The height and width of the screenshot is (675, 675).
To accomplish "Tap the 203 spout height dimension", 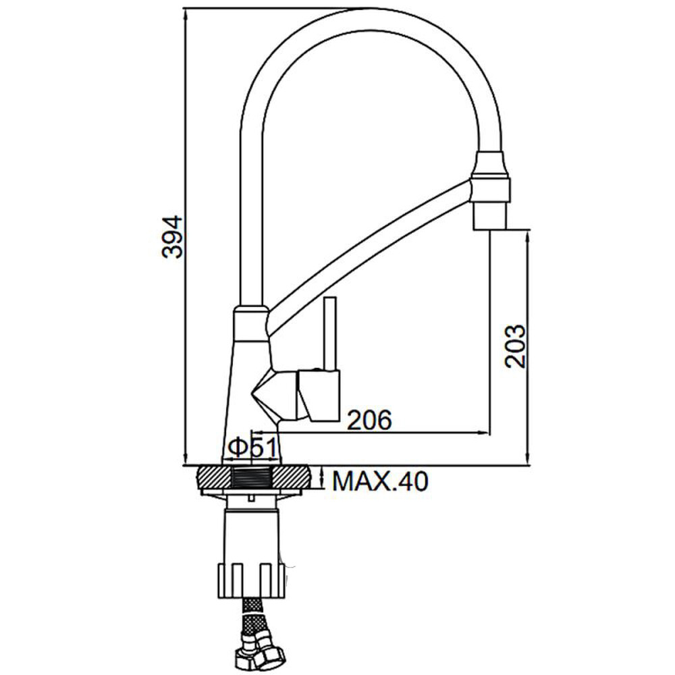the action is [515, 346].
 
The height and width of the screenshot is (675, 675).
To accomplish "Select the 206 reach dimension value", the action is [370, 420].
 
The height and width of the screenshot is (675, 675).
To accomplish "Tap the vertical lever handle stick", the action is [330, 333].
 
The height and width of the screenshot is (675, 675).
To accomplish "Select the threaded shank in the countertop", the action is [252, 478].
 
